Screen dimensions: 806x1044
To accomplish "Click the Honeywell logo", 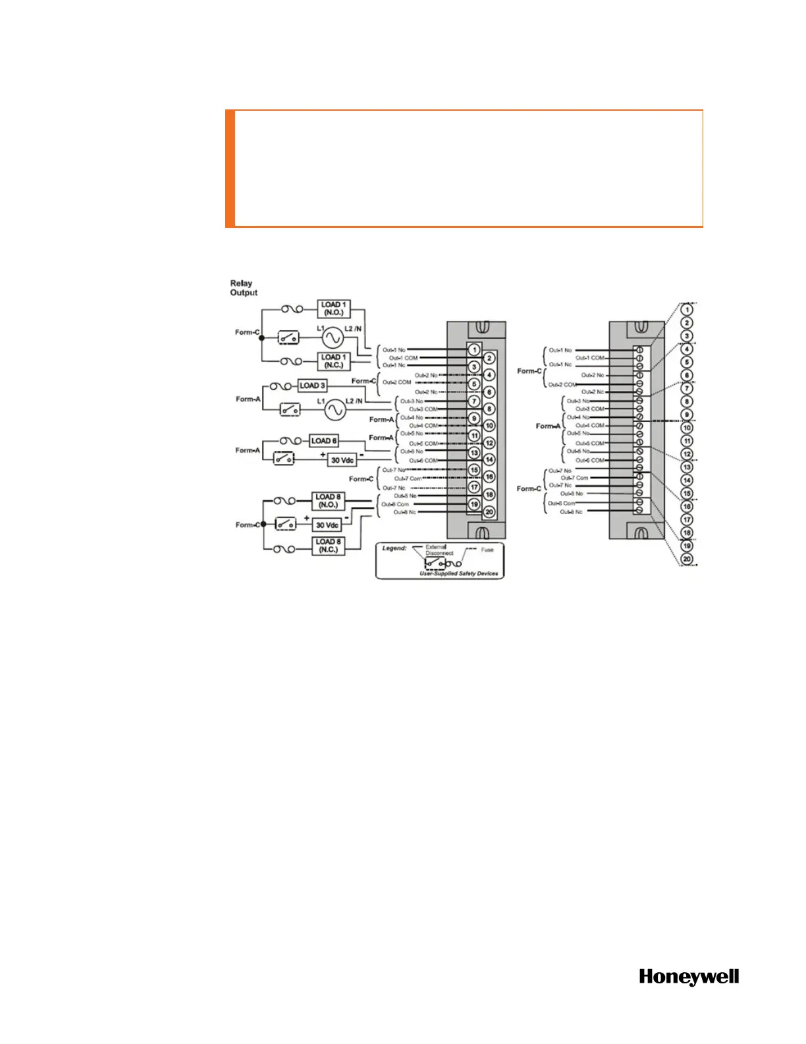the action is (689, 977).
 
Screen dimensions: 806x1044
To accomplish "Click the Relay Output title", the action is (243, 288).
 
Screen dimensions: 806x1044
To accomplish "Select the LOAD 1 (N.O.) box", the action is (333, 308).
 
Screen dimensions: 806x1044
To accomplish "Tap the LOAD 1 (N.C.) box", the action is (333, 361).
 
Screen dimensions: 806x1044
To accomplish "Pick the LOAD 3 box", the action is (312, 386).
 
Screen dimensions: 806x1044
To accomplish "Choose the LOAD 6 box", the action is (323, 441).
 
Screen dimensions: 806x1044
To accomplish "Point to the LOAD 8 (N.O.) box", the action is (328, 501).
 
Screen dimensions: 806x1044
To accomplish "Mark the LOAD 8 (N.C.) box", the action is (328, 546).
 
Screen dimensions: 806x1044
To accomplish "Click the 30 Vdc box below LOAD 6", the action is (342, 460).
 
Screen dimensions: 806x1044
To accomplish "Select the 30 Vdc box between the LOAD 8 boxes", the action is (327, 525).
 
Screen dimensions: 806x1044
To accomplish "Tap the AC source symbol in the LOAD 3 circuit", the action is (335, 410).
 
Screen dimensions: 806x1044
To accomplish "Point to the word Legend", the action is (394, 548).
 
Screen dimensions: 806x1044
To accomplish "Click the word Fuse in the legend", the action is (487, 550).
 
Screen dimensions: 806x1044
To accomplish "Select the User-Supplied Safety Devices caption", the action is (459, 573).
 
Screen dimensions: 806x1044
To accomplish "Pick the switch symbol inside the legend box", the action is (435, 564).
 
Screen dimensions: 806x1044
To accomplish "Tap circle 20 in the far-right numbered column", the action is (687, 559).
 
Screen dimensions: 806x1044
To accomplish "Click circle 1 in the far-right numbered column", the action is (687, 310).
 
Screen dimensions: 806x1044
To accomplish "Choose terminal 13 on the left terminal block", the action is (474, 453).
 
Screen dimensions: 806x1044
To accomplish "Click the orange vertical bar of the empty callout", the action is (230, 169).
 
